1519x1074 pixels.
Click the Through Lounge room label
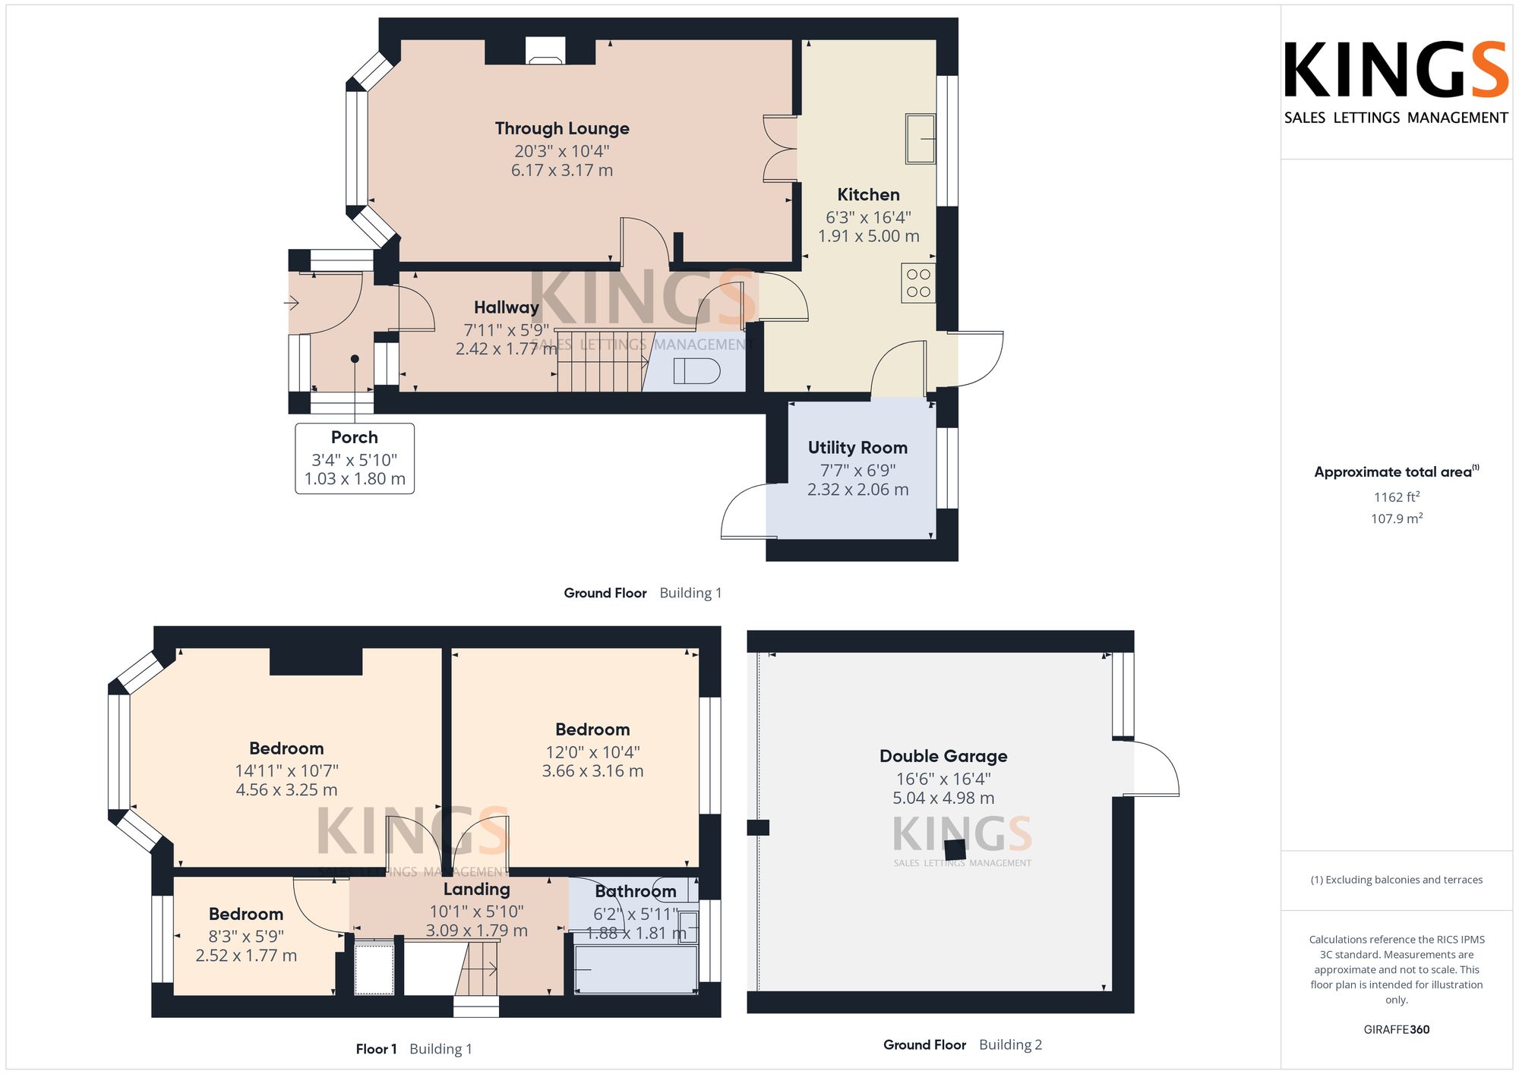(x=562, y=129)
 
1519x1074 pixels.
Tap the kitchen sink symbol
(x=921, y=139)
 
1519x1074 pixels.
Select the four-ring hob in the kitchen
(x=918, y=283)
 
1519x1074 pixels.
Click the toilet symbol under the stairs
(x=696, y=371)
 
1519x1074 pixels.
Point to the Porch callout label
(x=355, y=437)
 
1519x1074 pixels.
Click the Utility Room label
(x=857, y=448)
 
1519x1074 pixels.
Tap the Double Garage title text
(x=943, y=756)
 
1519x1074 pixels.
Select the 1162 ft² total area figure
(x=1397, y=497)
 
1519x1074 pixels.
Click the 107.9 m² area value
(x=1397, y=518)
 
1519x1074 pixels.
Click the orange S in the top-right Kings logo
(x=1489, y=70)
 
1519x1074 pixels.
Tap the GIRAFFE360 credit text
(x=1397, y=1029)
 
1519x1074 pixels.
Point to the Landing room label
(x=477, y=889)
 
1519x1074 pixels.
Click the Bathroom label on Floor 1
(x=636, y=891)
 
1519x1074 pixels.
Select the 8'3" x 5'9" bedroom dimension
(x=246, y=937)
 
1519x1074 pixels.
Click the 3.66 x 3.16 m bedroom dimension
(x=592, y=771)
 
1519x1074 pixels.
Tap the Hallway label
(x=507, y=307)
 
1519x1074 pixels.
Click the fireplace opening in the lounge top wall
(x=545, y=50)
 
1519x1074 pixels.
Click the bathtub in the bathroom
(x=636, y=969)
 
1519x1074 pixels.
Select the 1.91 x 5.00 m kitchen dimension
(x=868, y=236)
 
